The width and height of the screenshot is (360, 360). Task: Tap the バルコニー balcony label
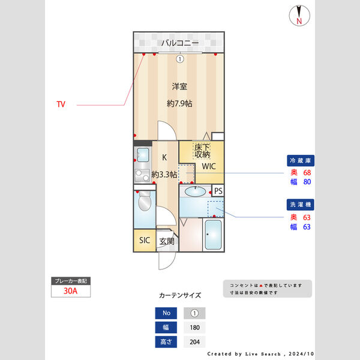point(179,43)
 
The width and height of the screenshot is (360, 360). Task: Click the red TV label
point(61,104)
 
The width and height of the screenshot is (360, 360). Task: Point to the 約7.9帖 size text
point(179,103)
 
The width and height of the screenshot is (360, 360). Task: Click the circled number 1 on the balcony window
point(179,58)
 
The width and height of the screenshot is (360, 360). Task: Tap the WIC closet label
point(208,166)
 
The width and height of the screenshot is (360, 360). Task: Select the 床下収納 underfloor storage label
point(202,151)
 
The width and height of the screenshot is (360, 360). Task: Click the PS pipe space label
point(218,191)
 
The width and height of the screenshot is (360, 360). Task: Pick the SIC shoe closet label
point(145,241)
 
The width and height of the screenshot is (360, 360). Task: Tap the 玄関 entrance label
point(167,241)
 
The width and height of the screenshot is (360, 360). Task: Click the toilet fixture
point(144,205)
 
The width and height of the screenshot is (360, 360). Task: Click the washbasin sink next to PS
point(195,191)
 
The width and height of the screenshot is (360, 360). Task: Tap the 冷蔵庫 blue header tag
point(301,161)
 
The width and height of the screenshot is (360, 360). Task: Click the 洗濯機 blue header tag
point(301,205)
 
